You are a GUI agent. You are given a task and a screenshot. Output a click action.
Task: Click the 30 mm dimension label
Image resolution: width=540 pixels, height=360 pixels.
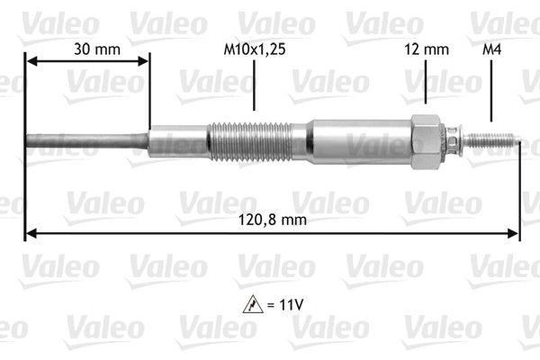point(87,50)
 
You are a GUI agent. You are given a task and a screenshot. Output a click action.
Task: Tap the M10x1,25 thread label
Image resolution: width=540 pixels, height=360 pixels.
point(255,50)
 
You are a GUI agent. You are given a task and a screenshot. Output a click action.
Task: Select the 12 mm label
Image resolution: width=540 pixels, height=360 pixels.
point(426,50)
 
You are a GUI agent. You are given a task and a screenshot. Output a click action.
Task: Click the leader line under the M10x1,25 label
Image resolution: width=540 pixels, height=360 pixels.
point(255,91)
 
